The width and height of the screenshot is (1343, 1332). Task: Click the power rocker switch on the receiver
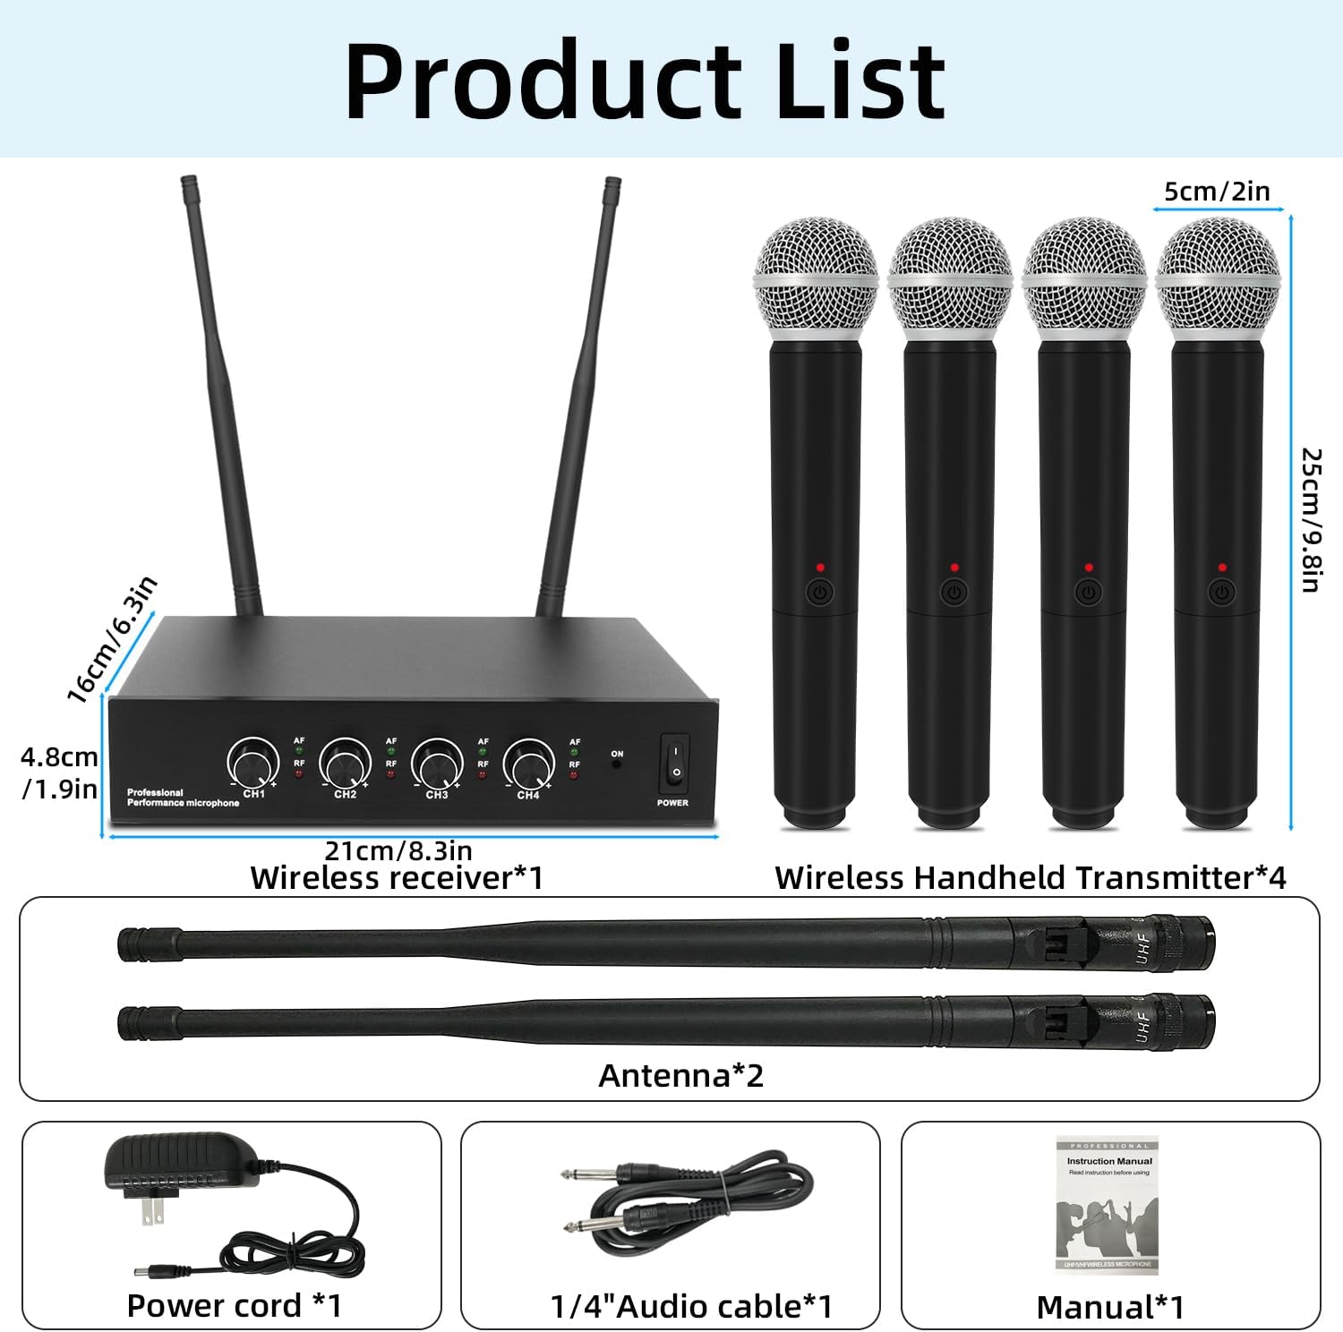675,762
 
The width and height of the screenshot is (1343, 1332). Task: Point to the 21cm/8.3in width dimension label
398,850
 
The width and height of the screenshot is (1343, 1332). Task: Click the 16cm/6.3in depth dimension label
113,638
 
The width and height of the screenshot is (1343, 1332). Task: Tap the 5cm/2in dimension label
1217,191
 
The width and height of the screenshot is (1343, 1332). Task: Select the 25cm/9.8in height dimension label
1311,520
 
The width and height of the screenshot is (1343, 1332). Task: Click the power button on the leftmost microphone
820,592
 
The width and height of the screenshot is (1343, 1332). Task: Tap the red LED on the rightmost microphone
1222,568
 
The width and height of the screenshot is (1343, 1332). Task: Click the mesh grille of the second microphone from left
950,269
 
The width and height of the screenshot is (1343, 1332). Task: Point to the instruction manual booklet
1108,1204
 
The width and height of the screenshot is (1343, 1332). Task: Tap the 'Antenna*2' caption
680,1075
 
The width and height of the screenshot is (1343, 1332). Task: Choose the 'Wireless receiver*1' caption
397,878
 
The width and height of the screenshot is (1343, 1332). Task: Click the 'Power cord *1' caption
235,1306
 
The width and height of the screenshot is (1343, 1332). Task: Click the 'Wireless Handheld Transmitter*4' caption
1030,878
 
